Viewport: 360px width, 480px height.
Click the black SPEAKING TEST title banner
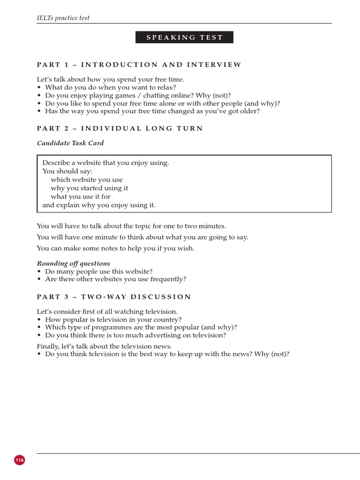[x=184, y=37]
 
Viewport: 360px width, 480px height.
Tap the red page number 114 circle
[x=19, y=460]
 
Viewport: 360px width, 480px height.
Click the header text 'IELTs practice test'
[x=63, y=18]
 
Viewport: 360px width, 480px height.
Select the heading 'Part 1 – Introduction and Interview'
[x=139, y=65]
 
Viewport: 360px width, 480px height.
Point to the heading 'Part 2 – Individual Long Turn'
[x=120, y=128]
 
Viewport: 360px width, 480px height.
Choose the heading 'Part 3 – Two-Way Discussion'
[x=114, y=297]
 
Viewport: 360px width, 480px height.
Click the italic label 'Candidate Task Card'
[x=70, y=143]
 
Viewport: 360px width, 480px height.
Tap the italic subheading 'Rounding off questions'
[x=74, y=263]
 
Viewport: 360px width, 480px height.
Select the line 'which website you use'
[x=87, y=180]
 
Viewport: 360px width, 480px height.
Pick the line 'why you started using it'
[x=89, y=188]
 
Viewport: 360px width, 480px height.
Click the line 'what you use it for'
[x=81, y=196]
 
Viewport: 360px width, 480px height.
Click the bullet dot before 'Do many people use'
[x=39, y=272]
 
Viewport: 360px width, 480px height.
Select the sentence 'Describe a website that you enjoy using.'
[x=105, y=163]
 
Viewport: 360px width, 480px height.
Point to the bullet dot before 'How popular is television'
[x=39, y=320]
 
